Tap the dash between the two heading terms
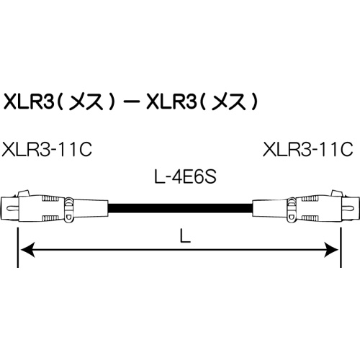click(x=133, y=103)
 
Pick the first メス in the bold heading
click(x=81, y=103)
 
